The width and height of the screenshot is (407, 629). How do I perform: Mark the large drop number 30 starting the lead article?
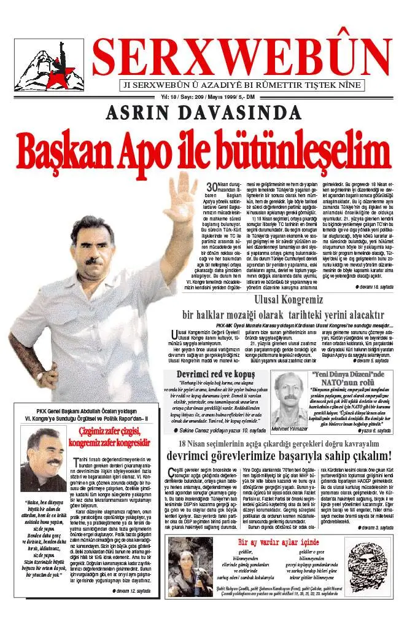coord(212,187)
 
